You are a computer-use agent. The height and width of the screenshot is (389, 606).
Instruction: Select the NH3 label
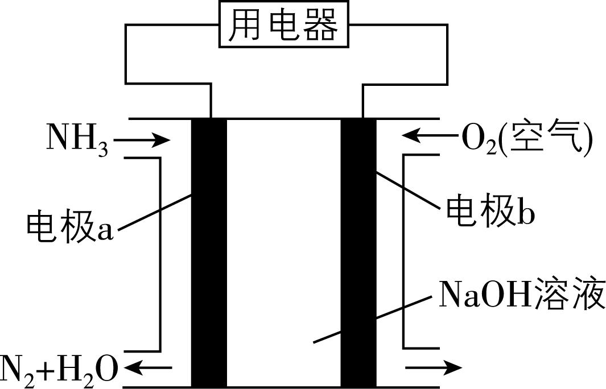pyautogui.click(x=77, y=139)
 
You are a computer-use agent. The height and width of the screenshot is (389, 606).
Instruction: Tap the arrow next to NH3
pyautogui.click(x=145, y=139)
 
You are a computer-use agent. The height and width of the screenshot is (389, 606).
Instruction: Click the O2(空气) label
pyautogui.click(x=526, y=138)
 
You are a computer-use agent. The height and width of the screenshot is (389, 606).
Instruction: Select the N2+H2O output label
pyautogui.click(x=60, y=369)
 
